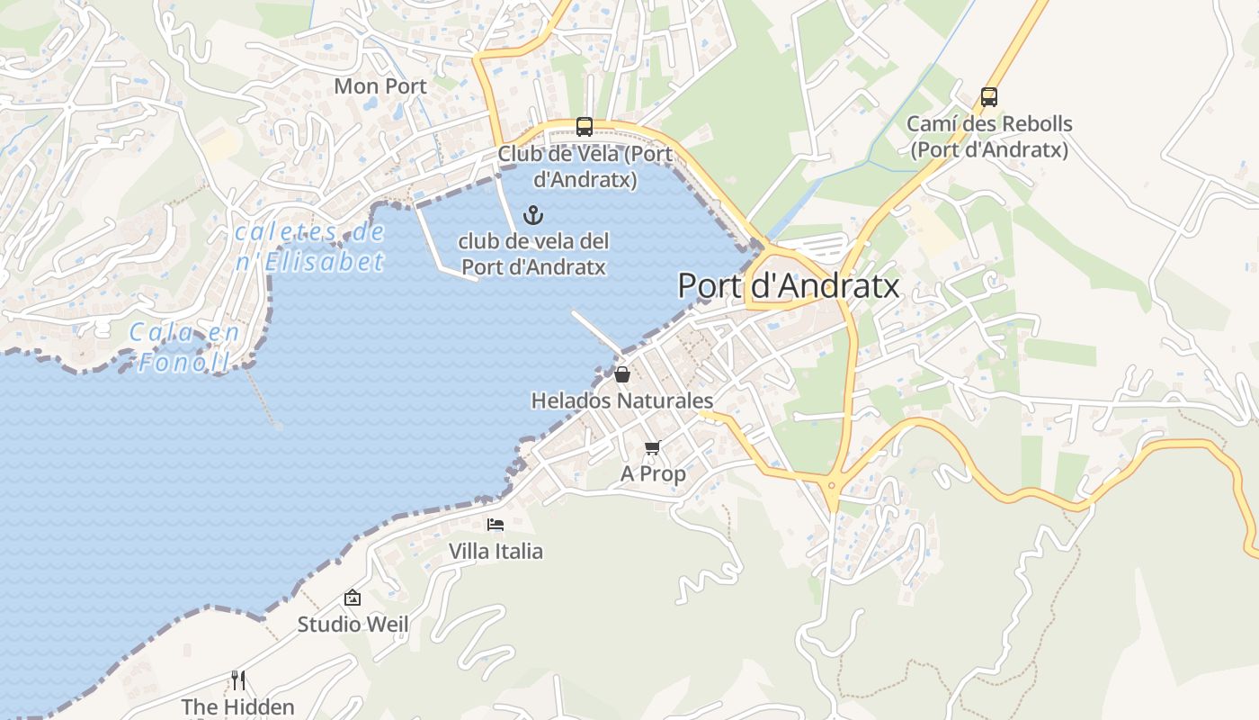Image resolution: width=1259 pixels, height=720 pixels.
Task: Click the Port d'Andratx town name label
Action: [x=788, y=285]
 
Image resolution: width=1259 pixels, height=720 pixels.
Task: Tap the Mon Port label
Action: [x=380, y=86]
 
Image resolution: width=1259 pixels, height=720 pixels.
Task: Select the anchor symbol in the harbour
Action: [x=534, y=215]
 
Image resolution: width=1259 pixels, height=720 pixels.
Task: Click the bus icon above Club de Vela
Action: [x=585, y=127]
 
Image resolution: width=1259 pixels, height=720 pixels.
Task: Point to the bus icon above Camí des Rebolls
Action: [x=989, y=96]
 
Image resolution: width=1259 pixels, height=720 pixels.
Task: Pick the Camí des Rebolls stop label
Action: [x=989, y=137]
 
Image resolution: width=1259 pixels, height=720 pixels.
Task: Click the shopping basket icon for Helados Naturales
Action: [x=622, y=374]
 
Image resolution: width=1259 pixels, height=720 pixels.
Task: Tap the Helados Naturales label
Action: [x=622, y=400]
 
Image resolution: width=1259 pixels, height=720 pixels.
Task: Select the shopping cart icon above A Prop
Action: [x=653, y=447]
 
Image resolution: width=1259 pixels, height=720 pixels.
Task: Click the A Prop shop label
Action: [x=653, y=473]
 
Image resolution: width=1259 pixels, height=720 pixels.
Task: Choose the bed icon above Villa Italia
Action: [x=496, y=525]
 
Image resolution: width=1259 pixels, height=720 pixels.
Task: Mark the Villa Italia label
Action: [x=496, y=551]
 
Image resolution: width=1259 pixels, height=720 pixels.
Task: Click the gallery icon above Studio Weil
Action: [x=353, y=598]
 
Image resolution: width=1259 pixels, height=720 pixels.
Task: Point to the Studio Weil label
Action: [x=353, y=624]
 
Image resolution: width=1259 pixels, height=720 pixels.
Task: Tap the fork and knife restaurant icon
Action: [x=238, y=679]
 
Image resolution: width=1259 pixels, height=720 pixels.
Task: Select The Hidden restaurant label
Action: [x=238, y=706]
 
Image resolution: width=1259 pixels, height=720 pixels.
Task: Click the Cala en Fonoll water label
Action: [x=184, y=346]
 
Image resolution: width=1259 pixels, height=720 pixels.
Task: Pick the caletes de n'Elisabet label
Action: [x=310, y=247]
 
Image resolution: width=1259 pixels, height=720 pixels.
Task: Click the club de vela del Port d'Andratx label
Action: [x=533, y=254]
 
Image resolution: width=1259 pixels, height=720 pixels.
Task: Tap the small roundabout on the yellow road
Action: [x=832, y=485]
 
